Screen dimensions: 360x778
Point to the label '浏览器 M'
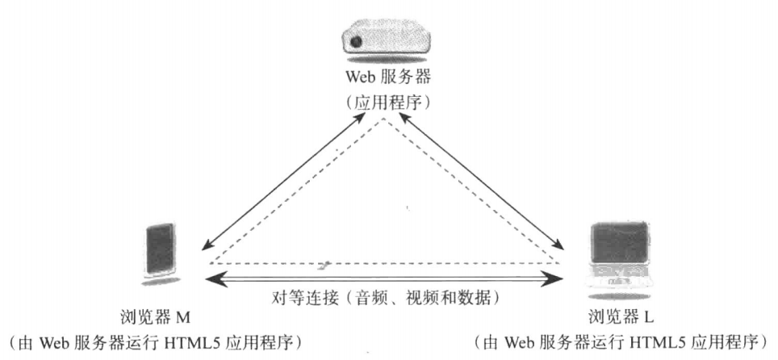(x=156, y=313)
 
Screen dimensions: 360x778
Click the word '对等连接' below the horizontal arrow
(x=299, y=296)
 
